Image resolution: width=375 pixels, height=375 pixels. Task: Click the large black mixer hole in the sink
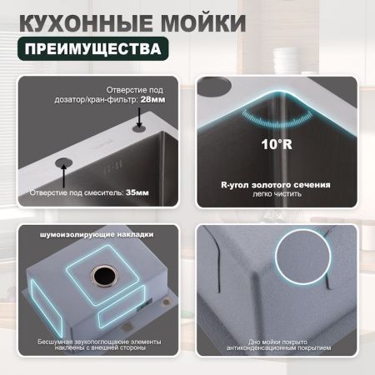tap(64, 163)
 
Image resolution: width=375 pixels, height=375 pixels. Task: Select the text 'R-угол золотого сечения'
tap(276, 183)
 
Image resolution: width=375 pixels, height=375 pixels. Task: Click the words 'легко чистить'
tap(276, 195)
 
